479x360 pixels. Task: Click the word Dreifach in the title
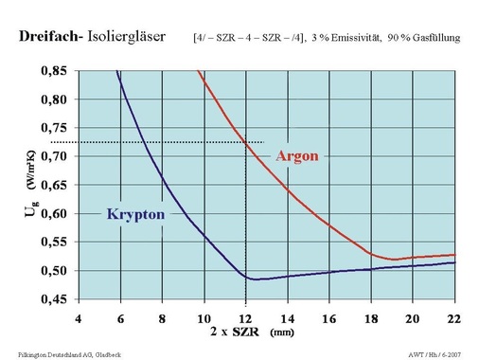[44, 38]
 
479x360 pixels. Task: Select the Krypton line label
[134, 215]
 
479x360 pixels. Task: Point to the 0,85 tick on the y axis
[54, 70]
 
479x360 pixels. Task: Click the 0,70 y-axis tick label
[54, 156]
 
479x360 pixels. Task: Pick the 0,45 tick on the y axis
[54, 299]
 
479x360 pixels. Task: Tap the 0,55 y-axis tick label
[54, 243]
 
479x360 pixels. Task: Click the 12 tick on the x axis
[246, 316]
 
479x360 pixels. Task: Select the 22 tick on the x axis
[454, 316]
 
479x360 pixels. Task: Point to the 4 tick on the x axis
[80, 316]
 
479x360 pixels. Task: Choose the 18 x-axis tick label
[371, 316]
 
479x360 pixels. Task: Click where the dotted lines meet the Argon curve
[246, 143]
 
